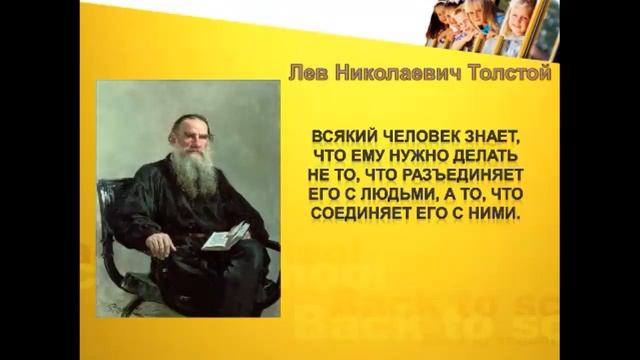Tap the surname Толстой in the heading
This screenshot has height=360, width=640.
click(504, 73)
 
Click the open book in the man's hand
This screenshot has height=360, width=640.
click(225, 237)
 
